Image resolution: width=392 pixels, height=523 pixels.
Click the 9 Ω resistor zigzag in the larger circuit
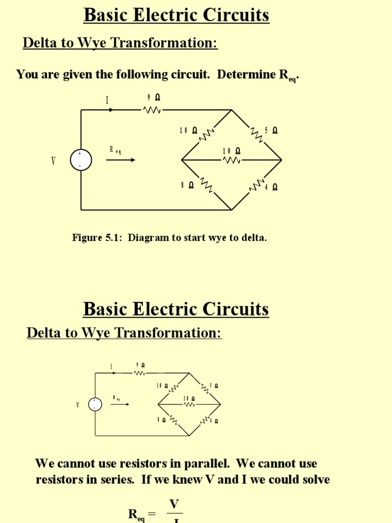click(152, 110)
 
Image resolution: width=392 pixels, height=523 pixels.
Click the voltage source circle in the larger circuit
click(81, 160)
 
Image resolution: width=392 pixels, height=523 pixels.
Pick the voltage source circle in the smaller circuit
click(95, 405)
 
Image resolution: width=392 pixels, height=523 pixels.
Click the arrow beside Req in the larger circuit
click(121, 160)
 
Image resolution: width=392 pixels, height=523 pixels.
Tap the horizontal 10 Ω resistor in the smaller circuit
click(189, 405)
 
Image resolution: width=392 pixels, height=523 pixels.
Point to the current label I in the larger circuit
click(107, 100)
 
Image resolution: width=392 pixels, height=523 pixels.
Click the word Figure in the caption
click(87, 237)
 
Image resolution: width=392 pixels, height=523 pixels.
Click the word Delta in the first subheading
click(38, 43)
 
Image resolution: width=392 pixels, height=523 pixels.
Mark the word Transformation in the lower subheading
click(168, 333)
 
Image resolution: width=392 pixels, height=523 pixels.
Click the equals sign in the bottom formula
click(152, 514)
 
